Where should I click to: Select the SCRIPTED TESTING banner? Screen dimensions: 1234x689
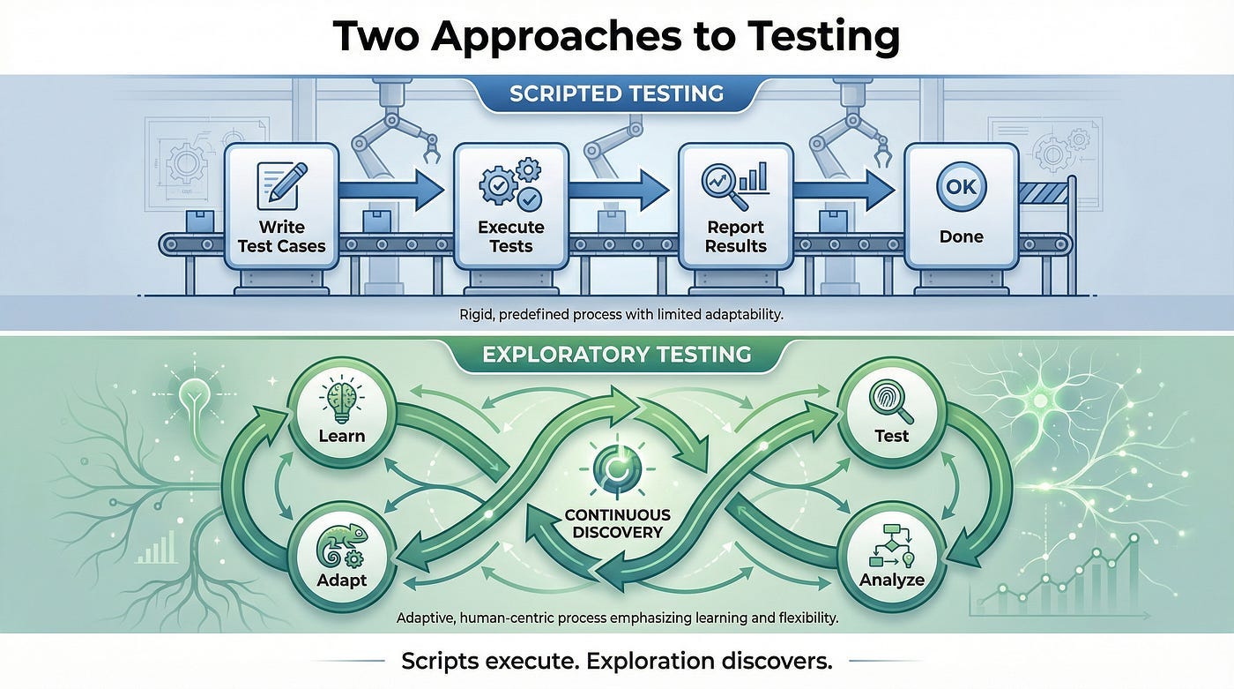[x=617, y=94]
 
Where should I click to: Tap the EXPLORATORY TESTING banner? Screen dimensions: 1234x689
[x=617, y=356]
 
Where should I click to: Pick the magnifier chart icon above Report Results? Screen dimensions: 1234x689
[x=735, y=181]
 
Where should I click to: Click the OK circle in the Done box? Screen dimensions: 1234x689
[x=961, y=186]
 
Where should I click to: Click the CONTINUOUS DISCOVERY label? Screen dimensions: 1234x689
[x=617, y=523]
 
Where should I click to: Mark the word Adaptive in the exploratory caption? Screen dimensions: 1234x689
[x=427, y=618]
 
